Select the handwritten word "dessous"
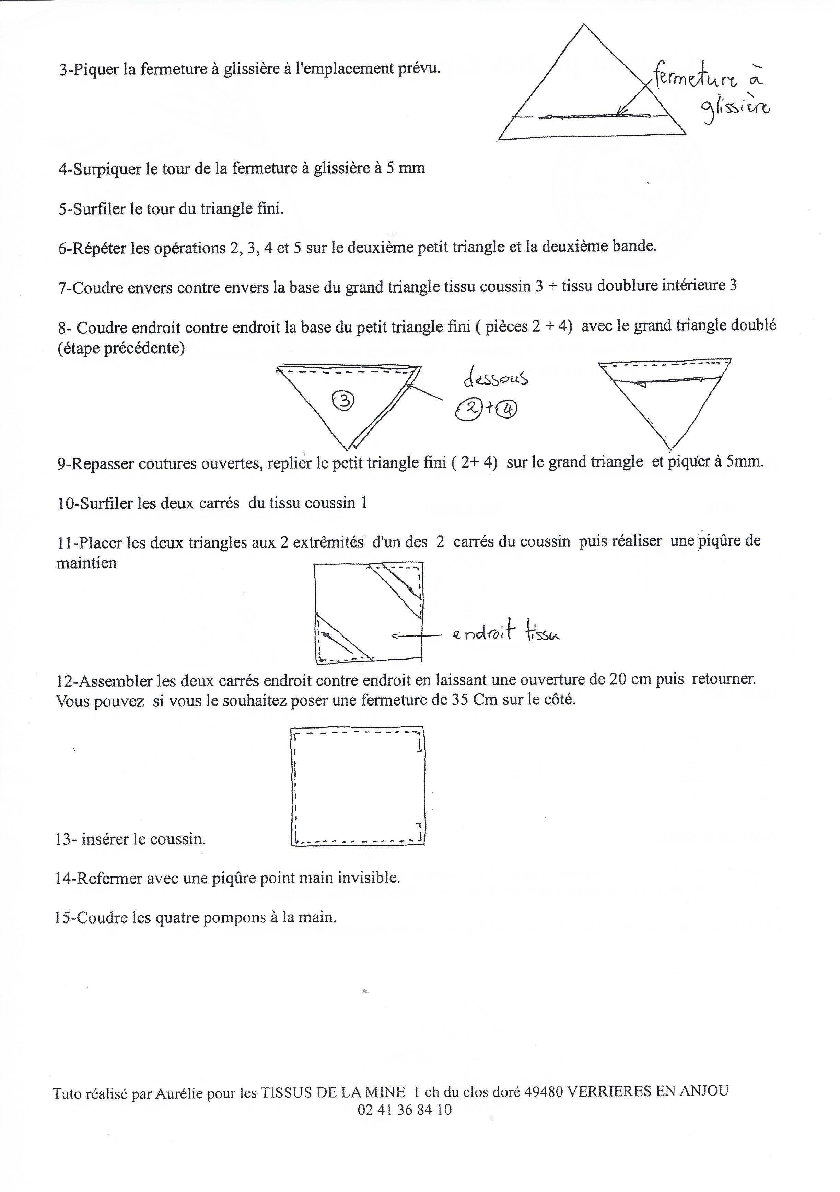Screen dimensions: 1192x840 (x=495, y=378)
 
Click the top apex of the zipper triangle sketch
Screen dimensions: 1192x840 (x=585, y=24)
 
